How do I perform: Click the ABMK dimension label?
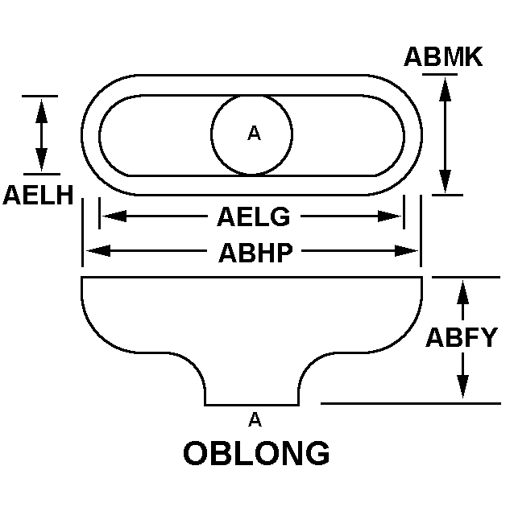(x=442, y=57)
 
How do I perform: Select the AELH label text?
(x=38, y=195)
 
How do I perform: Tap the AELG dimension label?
(x=253, y=216)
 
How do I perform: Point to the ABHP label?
(x=255, y=252)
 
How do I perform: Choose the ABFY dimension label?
(x=462, y=336)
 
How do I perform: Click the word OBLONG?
(x=256, y=454)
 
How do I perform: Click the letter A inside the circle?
(x=254, y=134)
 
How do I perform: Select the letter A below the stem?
(x=255, y=418)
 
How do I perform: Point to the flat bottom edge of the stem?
(x=252, y=405)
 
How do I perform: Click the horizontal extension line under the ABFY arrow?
(x=411, y=402)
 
